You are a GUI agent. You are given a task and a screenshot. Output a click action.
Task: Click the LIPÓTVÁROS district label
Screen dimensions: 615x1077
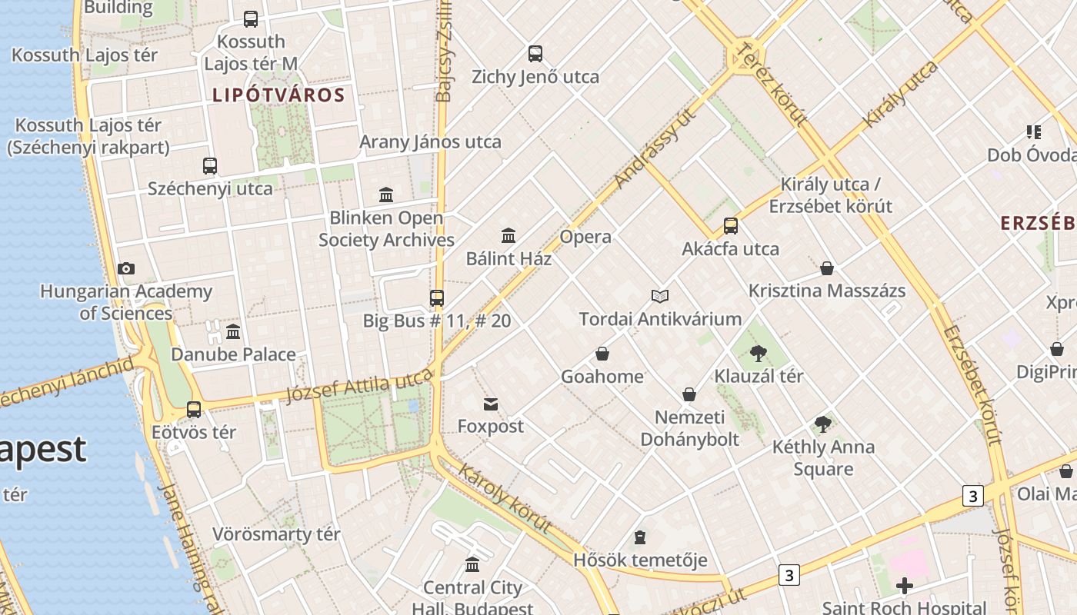278,95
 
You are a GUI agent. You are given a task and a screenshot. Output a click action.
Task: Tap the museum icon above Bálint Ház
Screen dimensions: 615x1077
508,235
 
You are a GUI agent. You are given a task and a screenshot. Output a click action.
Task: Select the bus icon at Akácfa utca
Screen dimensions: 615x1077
731,226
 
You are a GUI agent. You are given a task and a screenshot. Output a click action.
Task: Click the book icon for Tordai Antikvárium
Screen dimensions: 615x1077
659,296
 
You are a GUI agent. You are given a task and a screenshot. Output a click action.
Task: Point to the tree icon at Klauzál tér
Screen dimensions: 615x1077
759,354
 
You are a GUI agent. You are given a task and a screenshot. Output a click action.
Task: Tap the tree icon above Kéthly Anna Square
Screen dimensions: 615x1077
823,424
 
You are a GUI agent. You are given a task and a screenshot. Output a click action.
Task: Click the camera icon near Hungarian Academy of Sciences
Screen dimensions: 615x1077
126,269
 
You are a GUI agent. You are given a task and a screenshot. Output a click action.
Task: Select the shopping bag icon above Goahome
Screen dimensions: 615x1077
602,354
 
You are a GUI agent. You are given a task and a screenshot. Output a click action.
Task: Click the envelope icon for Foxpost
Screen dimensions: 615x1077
491,404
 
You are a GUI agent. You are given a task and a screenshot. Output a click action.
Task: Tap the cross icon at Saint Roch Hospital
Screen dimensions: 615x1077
905,587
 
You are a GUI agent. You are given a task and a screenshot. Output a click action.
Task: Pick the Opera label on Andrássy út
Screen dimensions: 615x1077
585,237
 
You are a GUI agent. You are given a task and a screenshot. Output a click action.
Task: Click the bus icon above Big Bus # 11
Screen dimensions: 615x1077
437,298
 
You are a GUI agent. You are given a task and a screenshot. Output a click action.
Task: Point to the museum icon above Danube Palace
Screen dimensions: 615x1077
233,332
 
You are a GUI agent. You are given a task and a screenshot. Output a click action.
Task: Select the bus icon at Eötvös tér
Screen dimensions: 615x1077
194,410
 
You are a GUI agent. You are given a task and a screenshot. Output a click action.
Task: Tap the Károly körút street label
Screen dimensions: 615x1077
505,498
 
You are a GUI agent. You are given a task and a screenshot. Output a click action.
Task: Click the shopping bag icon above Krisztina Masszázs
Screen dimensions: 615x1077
827,268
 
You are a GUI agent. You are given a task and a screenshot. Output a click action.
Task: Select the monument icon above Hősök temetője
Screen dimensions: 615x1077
640,537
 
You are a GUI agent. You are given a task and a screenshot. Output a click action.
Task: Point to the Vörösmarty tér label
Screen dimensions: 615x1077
276,534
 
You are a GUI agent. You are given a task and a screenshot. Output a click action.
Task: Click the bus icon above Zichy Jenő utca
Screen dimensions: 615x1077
535,54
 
